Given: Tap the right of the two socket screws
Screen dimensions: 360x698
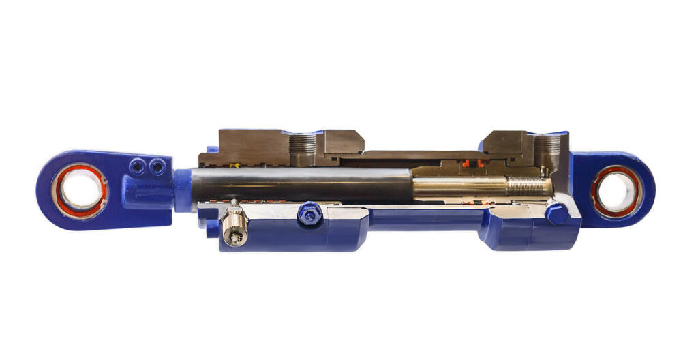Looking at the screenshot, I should pos(157,166).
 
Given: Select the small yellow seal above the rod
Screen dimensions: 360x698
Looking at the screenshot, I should pos(235,166).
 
